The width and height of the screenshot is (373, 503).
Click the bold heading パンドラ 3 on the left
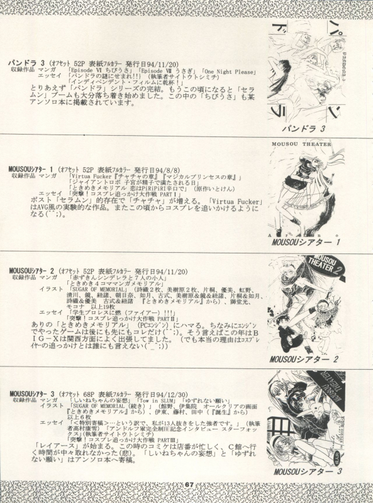click(25, 63)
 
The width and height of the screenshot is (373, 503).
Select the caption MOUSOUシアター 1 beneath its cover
click(306, 242)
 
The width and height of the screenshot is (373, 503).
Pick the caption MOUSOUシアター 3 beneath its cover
click(305, 471)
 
